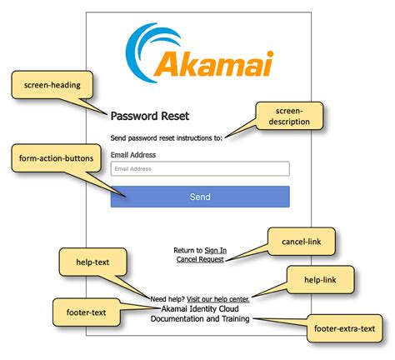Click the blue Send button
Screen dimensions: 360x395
tap(200, 197)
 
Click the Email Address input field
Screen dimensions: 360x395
tap(200, 168)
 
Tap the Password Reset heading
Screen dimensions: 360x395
tap(151, 117)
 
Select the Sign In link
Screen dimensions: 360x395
tap(215, 249)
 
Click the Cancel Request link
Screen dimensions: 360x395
tap(200, 258)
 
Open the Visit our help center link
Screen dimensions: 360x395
tap(217, 297)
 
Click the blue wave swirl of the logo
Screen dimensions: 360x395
tap(150, 46)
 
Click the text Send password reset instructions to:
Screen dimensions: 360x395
tap(166, 137)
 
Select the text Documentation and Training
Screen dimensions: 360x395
tap(200, 318)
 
